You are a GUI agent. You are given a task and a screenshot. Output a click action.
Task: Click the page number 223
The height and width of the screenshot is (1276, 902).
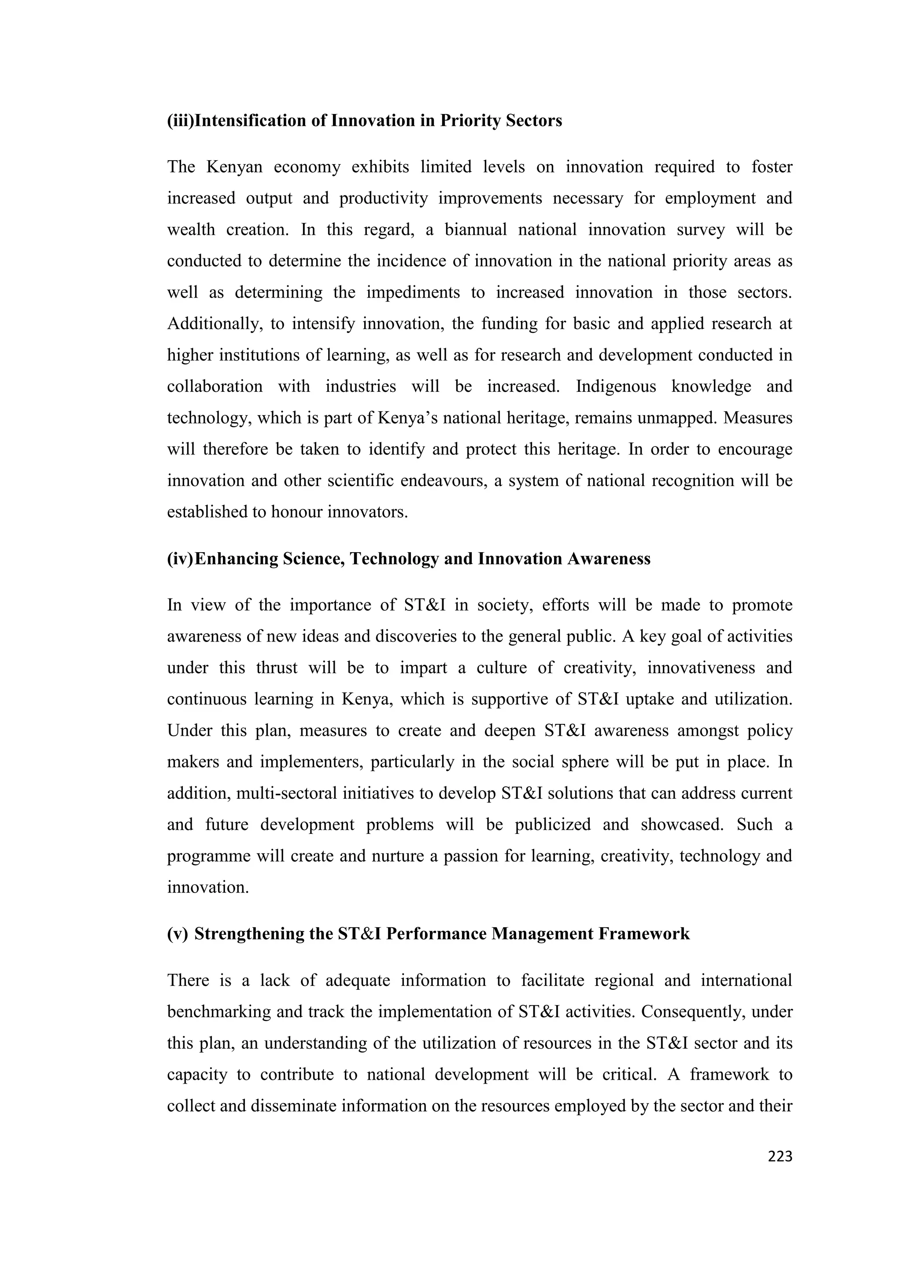tap(780, 1157)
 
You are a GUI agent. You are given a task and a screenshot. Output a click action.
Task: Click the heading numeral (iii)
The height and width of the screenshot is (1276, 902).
tap(181, 121)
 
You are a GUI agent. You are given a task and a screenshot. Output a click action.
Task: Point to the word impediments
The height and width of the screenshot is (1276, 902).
tap(413, 292)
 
